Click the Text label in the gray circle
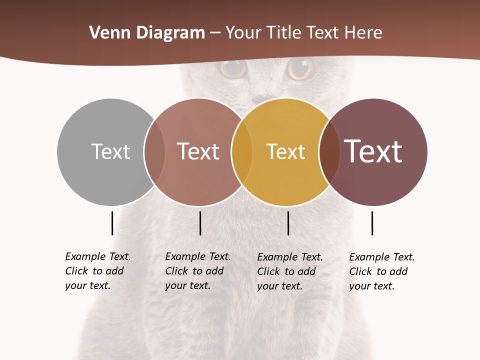[x=110, y=151]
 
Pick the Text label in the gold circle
[x=285, y=151]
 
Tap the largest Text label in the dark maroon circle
[x=373, y=151]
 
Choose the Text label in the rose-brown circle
[x=198, y=151]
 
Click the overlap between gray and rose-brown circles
[x=154, y=151]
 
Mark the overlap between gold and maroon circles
[x=329, y=151]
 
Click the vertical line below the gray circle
[x=112, y=223]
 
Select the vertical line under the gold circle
[x=288, y=223]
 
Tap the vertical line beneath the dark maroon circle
[x=372, y=223]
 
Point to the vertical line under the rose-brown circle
[x=200, y=223]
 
